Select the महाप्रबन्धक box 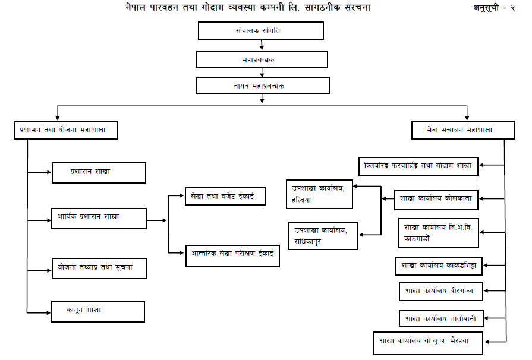[262, 59]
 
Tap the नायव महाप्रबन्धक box [263, 86]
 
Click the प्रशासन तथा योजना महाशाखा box [65, 130]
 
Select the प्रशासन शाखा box [99, 172]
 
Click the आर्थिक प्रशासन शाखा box [99, 218]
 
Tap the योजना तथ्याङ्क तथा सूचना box [99, 268]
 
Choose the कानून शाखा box [97, 311]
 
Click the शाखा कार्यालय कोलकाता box [437, 199]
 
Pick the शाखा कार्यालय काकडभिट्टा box [440, 265]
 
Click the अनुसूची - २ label [498, 8]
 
